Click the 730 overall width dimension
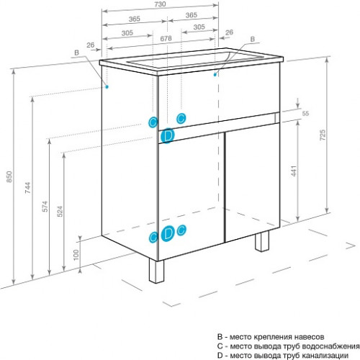(161, 4)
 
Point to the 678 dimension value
(166, 38)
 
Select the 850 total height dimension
(9, 176)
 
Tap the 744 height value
(28, 188)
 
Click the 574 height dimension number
(45, 207)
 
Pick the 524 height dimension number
(60, 211)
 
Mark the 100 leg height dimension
(76, 255)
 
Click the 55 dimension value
(305, 113)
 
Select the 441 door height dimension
(294, 171)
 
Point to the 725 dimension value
(323, 135)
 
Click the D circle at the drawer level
(168, 136)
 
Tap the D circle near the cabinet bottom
(168, 233)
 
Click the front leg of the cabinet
(156, 271)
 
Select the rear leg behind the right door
(262, 241)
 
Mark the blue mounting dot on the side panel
(107, 86)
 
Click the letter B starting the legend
(220, 337)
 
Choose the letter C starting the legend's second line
(220, 346)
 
